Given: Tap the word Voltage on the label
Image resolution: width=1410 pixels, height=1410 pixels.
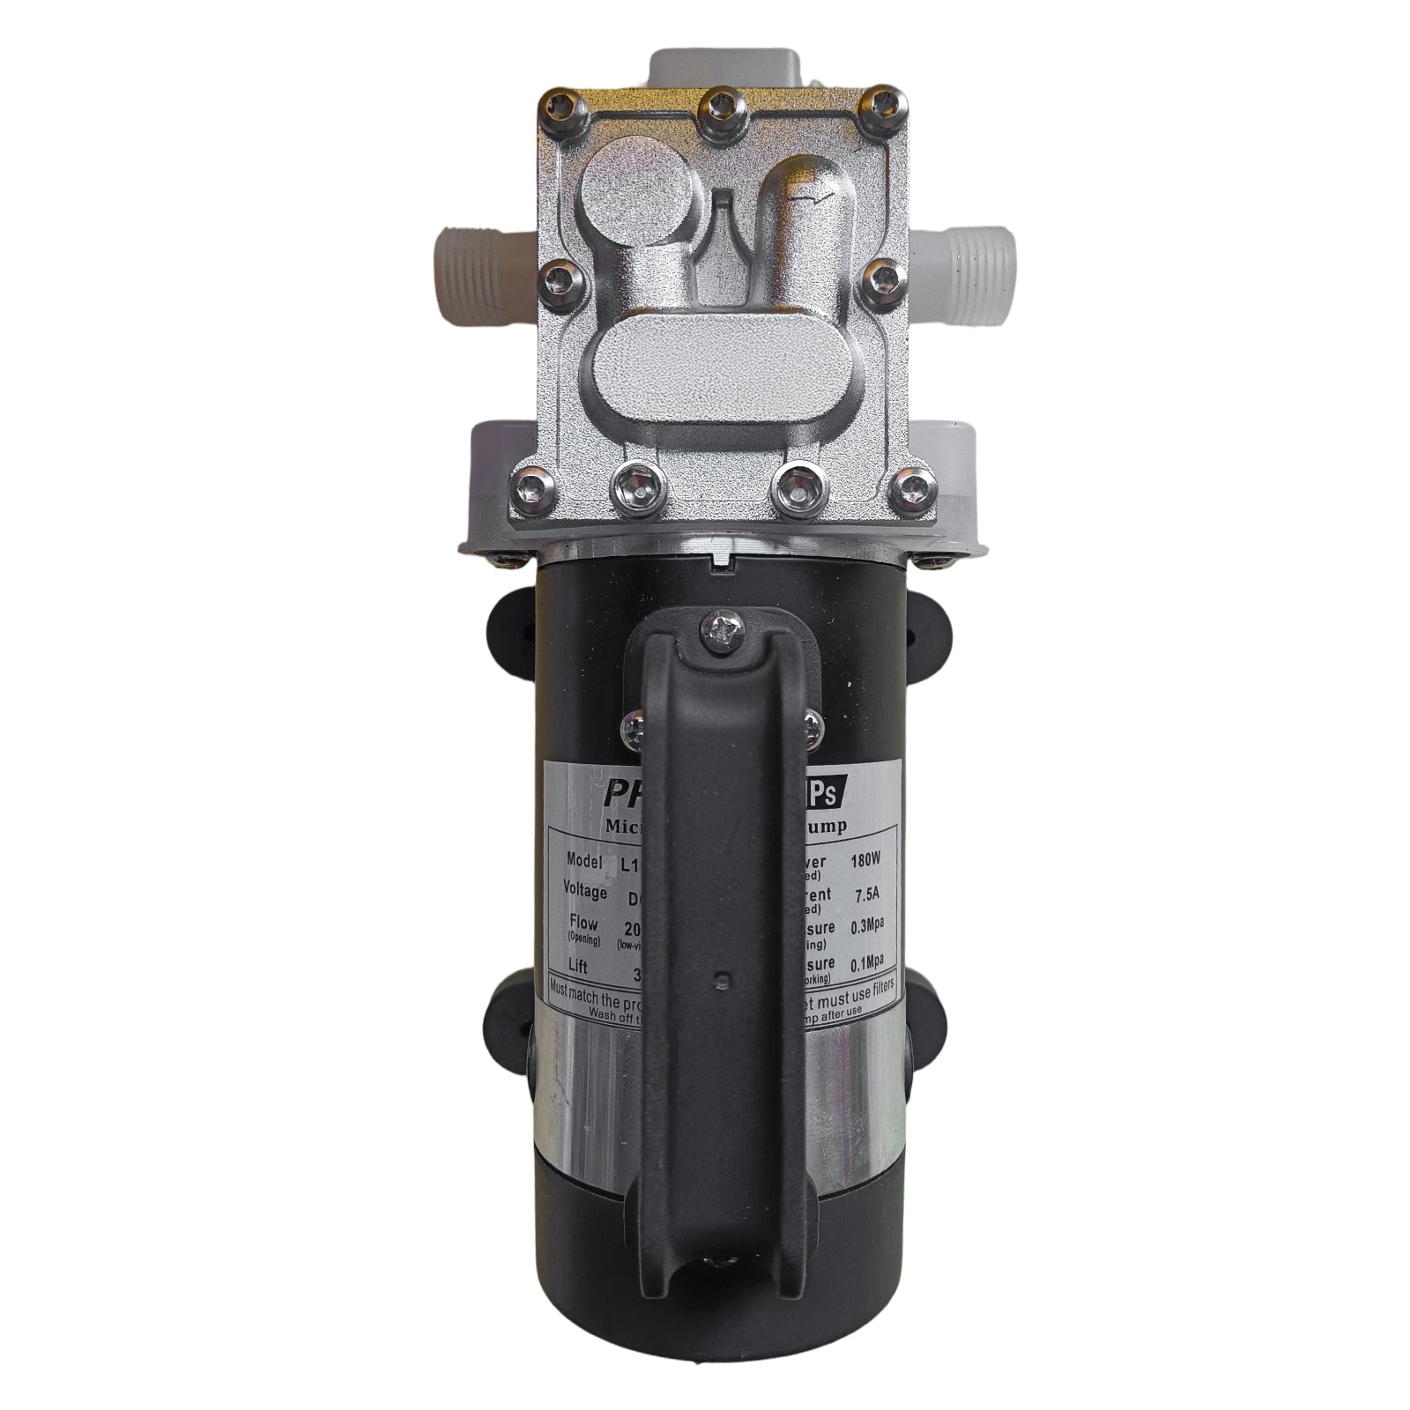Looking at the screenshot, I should [x=585, y=891].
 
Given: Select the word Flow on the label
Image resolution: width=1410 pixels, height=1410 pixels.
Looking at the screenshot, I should [x=584, y=924].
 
